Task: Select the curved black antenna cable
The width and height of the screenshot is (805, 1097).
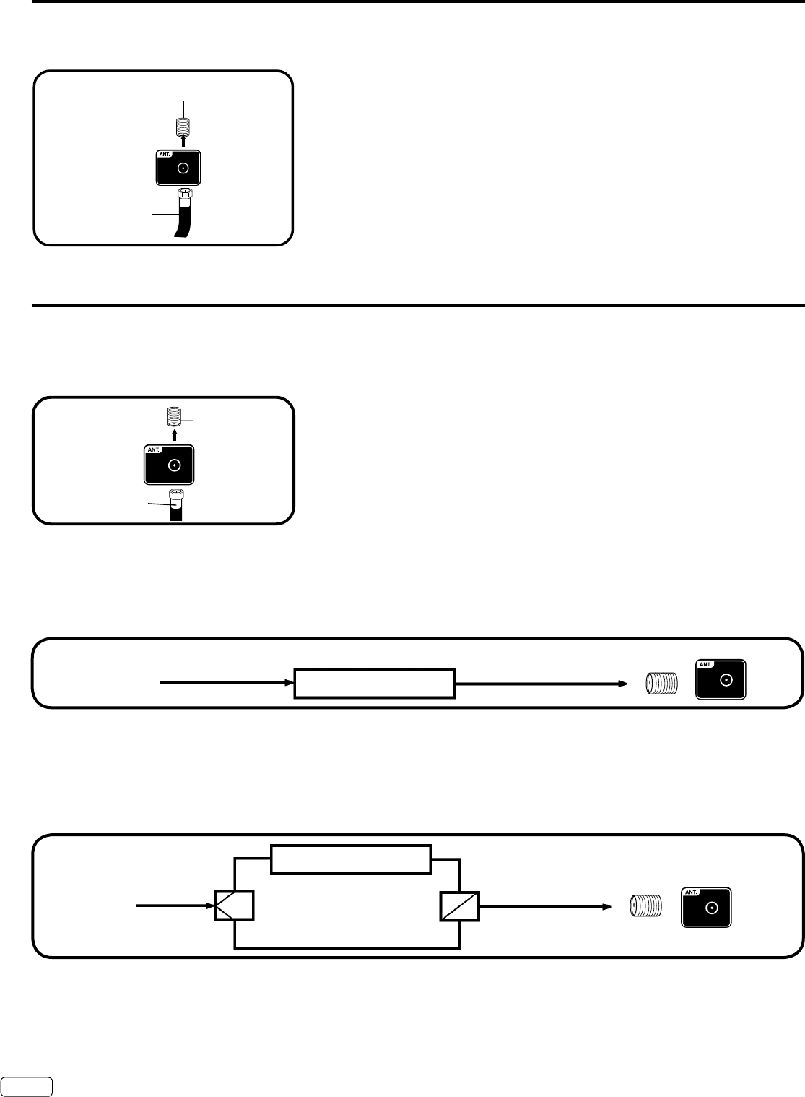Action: (179, 220)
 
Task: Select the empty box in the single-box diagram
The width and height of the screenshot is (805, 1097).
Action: (374, 683)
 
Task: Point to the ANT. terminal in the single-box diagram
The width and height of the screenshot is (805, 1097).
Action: (721, 679)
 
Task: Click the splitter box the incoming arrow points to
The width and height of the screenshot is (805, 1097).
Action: (235, 905)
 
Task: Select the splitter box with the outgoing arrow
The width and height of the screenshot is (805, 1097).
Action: (459, 905)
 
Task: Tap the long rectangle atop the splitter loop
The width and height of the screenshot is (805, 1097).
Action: (351, 859)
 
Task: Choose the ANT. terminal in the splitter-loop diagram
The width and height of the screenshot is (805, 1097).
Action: (706, 907)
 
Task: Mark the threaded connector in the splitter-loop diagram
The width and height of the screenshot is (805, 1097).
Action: (646, 906)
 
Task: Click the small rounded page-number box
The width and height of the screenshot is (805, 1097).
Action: (27, 1081)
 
